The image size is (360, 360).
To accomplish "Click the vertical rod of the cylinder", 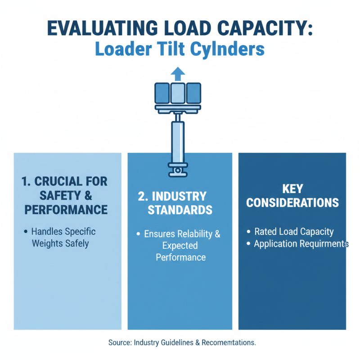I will point(178,139).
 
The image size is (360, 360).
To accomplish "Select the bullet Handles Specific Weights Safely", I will point(63,238).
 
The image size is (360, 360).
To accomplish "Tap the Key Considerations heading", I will point(292,195).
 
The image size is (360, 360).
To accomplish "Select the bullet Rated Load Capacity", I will point(293,232).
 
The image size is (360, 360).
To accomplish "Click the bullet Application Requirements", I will point(301,244).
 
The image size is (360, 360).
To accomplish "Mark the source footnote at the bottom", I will point(182,342).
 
